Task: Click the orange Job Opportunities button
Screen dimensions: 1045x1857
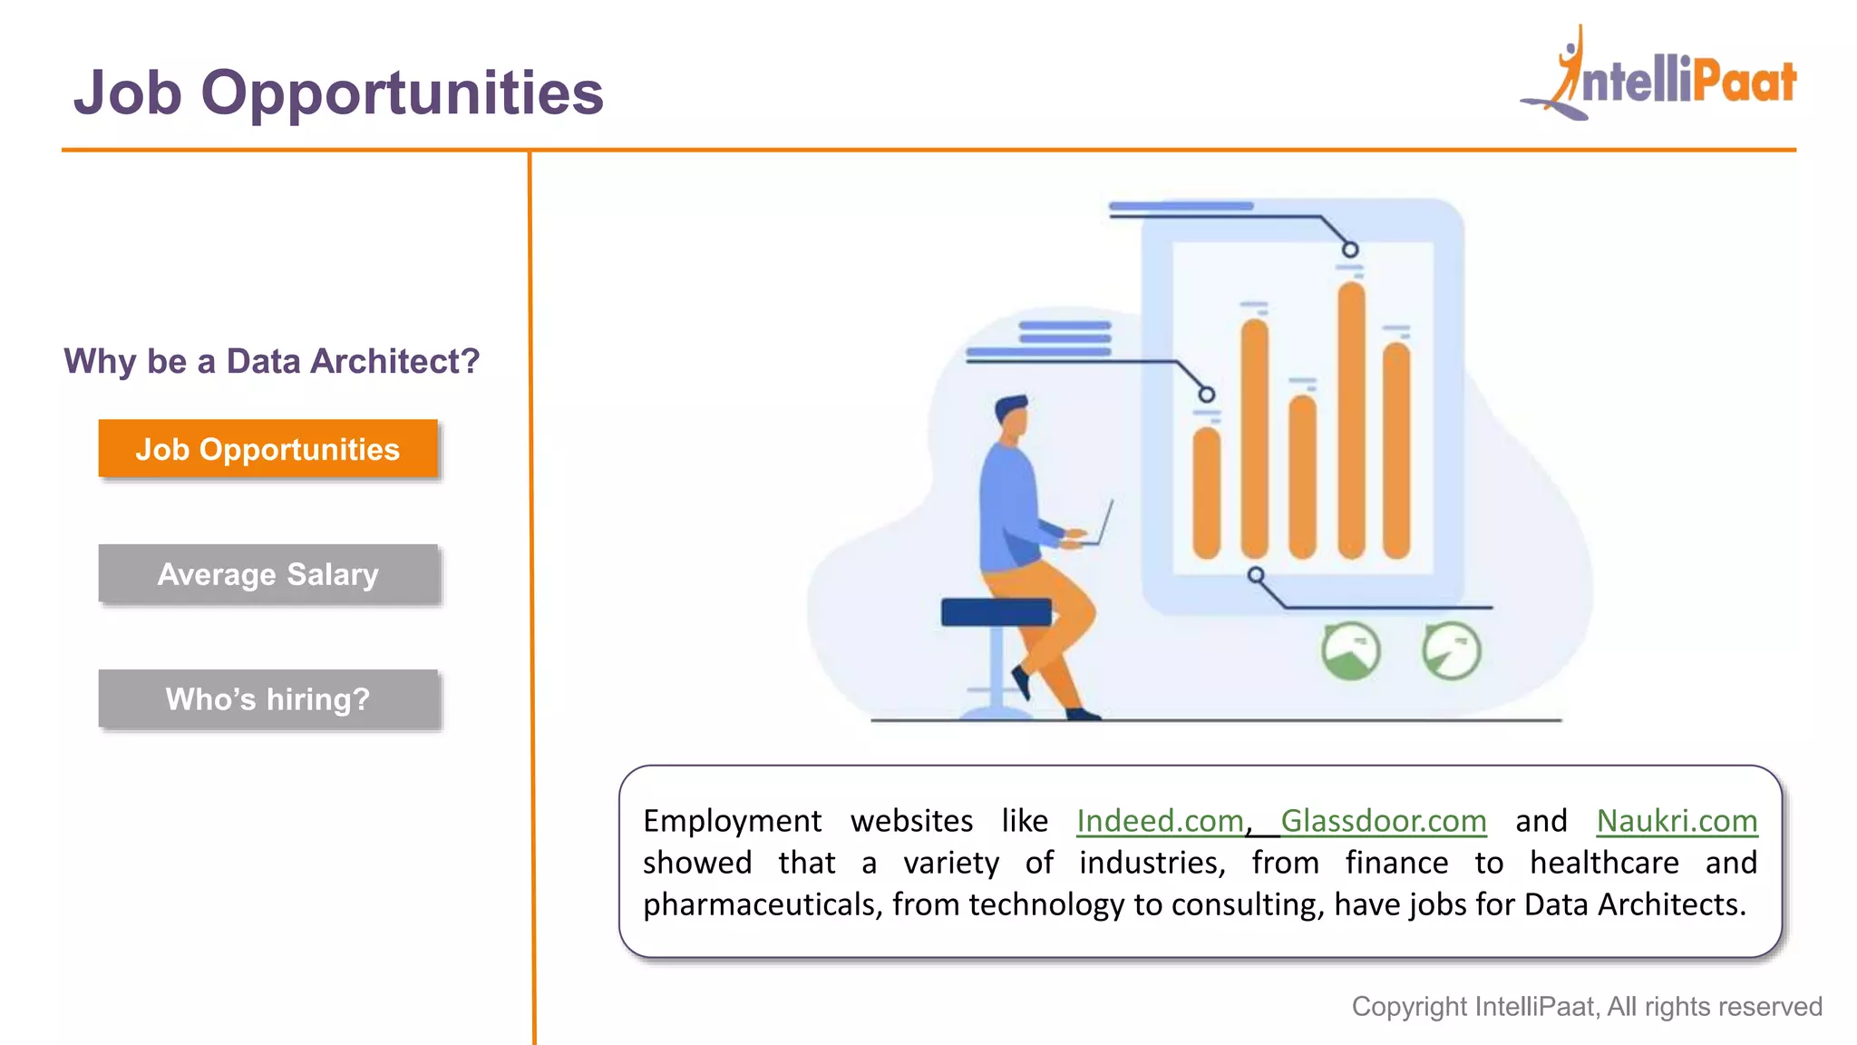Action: point(267,449)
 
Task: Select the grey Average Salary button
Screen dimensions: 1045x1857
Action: point(267,574)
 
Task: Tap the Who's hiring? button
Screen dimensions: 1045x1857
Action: point(267,699)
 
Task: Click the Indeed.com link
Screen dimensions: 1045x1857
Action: point(1160,821)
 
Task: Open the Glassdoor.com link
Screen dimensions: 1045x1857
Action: point(1383,821)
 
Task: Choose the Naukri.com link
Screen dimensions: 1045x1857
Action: point(1677,821)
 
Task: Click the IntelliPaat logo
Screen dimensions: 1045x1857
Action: point(1659,77)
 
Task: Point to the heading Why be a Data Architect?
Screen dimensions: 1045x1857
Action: point(271,361)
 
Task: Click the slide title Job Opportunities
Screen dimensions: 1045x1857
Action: point(338,93)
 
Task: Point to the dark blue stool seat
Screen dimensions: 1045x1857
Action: point(996,612)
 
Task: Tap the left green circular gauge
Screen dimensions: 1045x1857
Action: point(1350,650)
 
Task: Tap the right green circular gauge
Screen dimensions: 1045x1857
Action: point(1451,650)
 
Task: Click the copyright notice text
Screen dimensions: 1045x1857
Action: point(1587,1007)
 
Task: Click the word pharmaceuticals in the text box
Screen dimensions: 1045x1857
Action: point(762,904)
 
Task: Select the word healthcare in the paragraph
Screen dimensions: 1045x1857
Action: point(1604,863)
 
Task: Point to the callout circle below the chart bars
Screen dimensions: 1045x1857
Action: point(1256,575)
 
